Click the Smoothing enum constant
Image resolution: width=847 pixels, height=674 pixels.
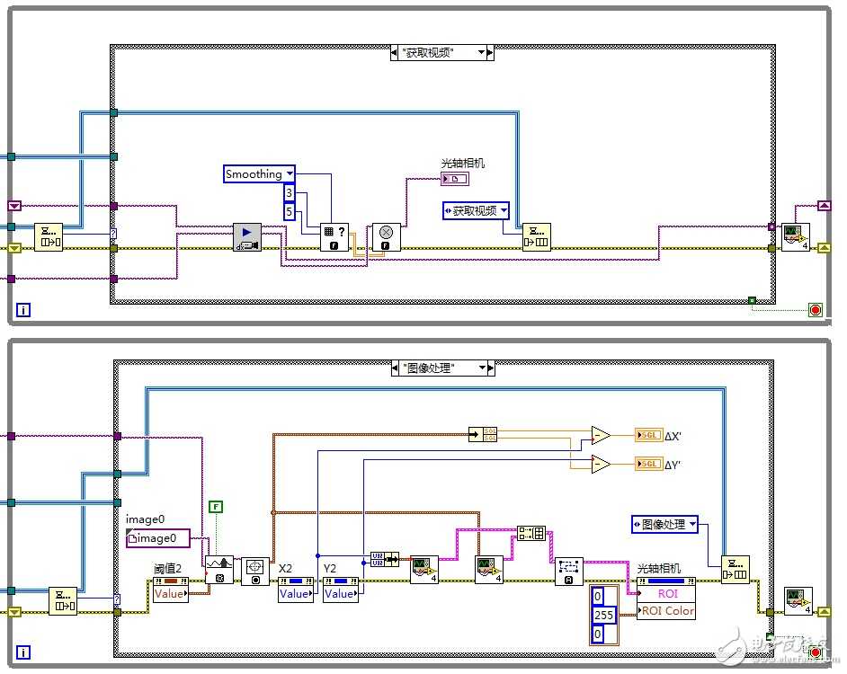[x=259, y=174]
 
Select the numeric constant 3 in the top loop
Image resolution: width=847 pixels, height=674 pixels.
[x=289, y=193]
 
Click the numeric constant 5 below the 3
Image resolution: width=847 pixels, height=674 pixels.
[x=289, y=212]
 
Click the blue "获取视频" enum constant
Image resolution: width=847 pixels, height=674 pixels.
[x=476, y=211]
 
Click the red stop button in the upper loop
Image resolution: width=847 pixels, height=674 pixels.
[x=816, y=310]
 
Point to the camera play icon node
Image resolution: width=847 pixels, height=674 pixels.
[x=247, y=237]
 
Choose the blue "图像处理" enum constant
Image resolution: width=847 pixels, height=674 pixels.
[x=665, y=524]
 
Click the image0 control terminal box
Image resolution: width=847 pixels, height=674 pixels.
[x=158, y=538]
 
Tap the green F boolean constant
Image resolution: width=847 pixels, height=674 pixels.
[x=215, y=507]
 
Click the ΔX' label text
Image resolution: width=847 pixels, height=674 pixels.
[x=673, y=436]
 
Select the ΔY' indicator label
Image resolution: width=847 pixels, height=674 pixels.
[x=673, y=464]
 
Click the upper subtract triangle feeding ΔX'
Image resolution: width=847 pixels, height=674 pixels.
[x=600, y=436]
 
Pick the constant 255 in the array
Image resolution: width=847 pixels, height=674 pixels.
[x=603, y=616]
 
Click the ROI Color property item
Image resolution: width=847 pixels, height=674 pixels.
[x=666, y=611]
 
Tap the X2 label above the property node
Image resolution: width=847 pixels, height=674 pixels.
[x=286, y=568]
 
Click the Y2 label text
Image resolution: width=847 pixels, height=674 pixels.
[x=330, y=568]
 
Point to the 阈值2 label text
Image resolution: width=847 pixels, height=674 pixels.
[x=167, y=568]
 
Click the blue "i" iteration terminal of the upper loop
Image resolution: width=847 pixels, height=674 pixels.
[x=24, y=310]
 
